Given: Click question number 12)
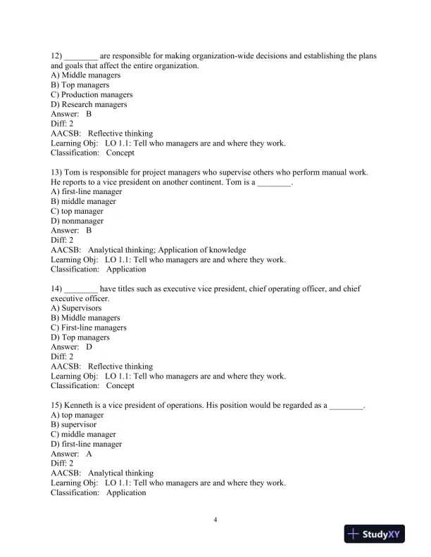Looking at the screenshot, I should (x=57, y=56).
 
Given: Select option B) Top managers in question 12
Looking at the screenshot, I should (x=80, y=85).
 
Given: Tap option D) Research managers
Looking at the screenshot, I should (x=89, y=104).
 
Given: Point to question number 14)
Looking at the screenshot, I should (x=57, y=289).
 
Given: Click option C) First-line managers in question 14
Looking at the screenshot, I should (x=89, y=328).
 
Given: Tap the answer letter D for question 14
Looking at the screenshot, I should (x=89, y=347).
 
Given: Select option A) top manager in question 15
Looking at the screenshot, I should (x=77, y=415).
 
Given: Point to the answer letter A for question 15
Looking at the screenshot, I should (x=89, y=454).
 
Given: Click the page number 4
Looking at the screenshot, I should (x=216, y=520).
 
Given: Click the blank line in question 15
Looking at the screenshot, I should (x=346, y=406).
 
